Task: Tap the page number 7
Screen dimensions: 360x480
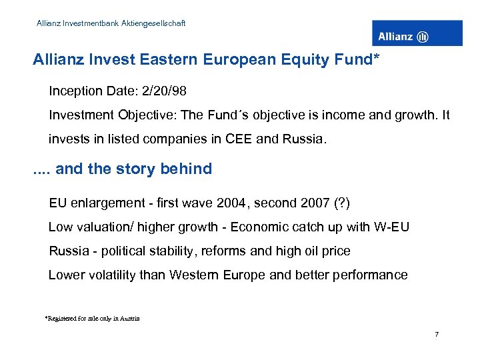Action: pos(436,333)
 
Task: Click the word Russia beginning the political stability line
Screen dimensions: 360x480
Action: pos(69,251)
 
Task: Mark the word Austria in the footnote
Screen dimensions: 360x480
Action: pos(130,319)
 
